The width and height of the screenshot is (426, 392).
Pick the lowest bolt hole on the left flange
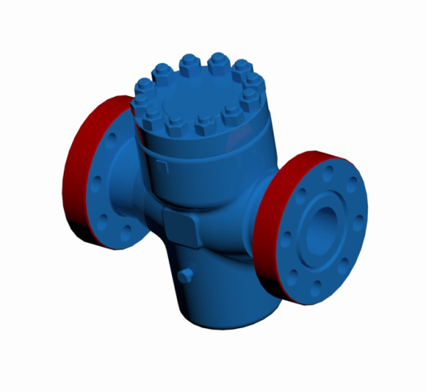[x=125, y=237]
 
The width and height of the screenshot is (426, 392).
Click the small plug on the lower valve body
[x=187, y=274]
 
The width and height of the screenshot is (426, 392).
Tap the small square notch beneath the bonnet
[x=162, y=167]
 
